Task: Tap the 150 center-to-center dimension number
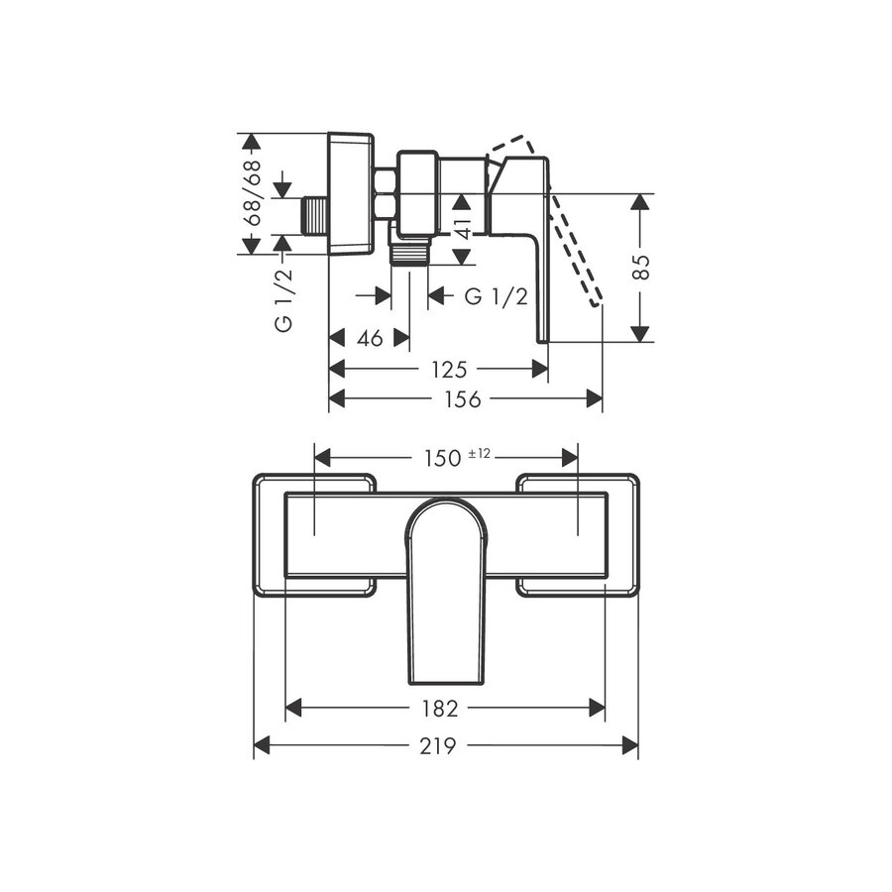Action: pos(442,457)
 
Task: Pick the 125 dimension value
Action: pos(448,369)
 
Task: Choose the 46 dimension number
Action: pos(370,338)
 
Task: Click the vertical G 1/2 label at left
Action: pos(284,305)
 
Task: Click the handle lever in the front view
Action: pos(446,595)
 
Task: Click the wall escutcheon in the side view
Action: pos(350,193)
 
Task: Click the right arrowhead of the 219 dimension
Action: pos(630,746)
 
